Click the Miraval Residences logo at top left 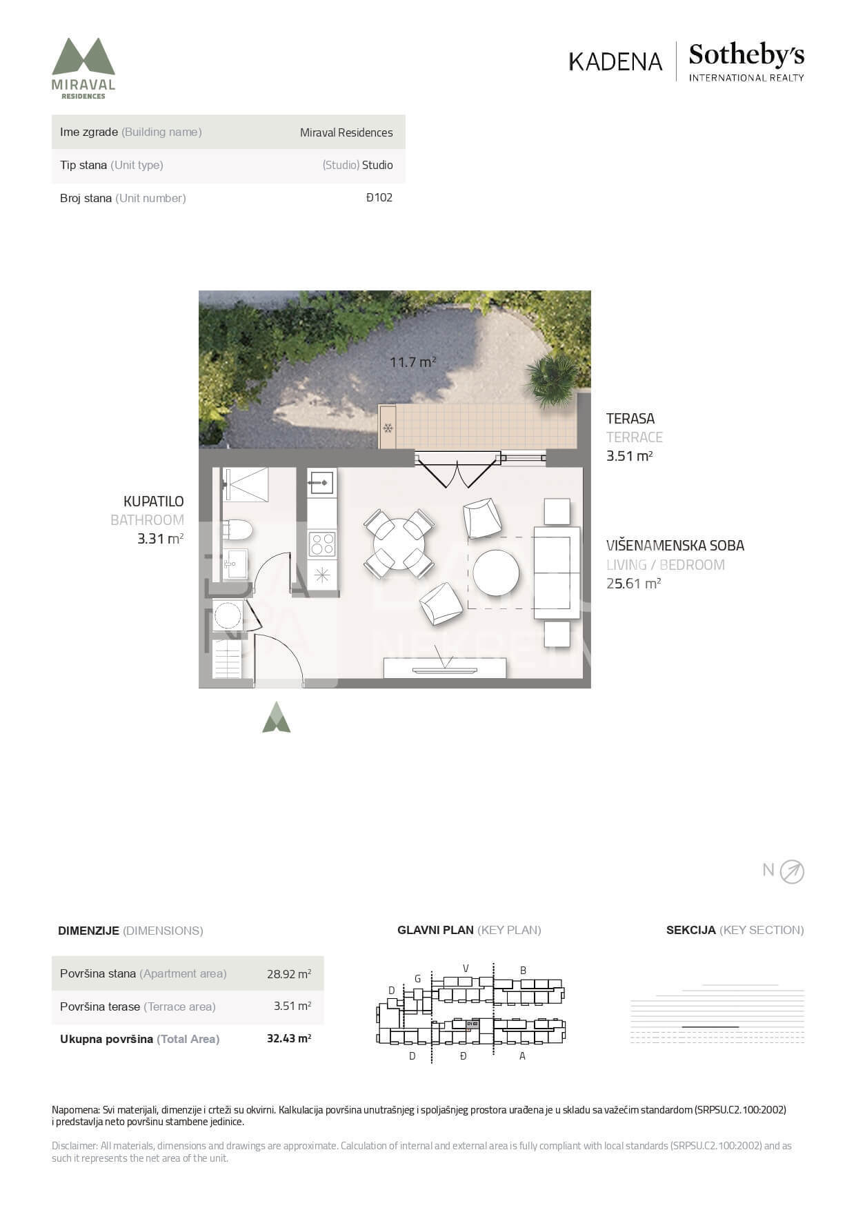coord(83,68)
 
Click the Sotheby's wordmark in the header coord(746,54)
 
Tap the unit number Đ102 coord(379,197)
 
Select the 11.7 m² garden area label coord(412,361)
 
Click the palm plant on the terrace coord(552,380)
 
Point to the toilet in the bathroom coord(237,530)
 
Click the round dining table coord(399,544)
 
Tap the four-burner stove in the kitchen coord(322,544)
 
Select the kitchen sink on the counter coord(321,482)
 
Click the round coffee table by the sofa coord(496,573)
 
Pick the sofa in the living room coord(557,573)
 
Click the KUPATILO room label coord(154,502)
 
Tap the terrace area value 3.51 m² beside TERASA coord(630,456)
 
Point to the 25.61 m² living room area coord(634,584)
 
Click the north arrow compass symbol coord(792,872)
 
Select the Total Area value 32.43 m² coord(289,1038)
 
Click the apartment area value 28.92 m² coord(289,974)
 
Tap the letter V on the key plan coord(466,968)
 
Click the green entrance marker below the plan coord(276,717)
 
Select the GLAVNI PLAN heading coord(435,930)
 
